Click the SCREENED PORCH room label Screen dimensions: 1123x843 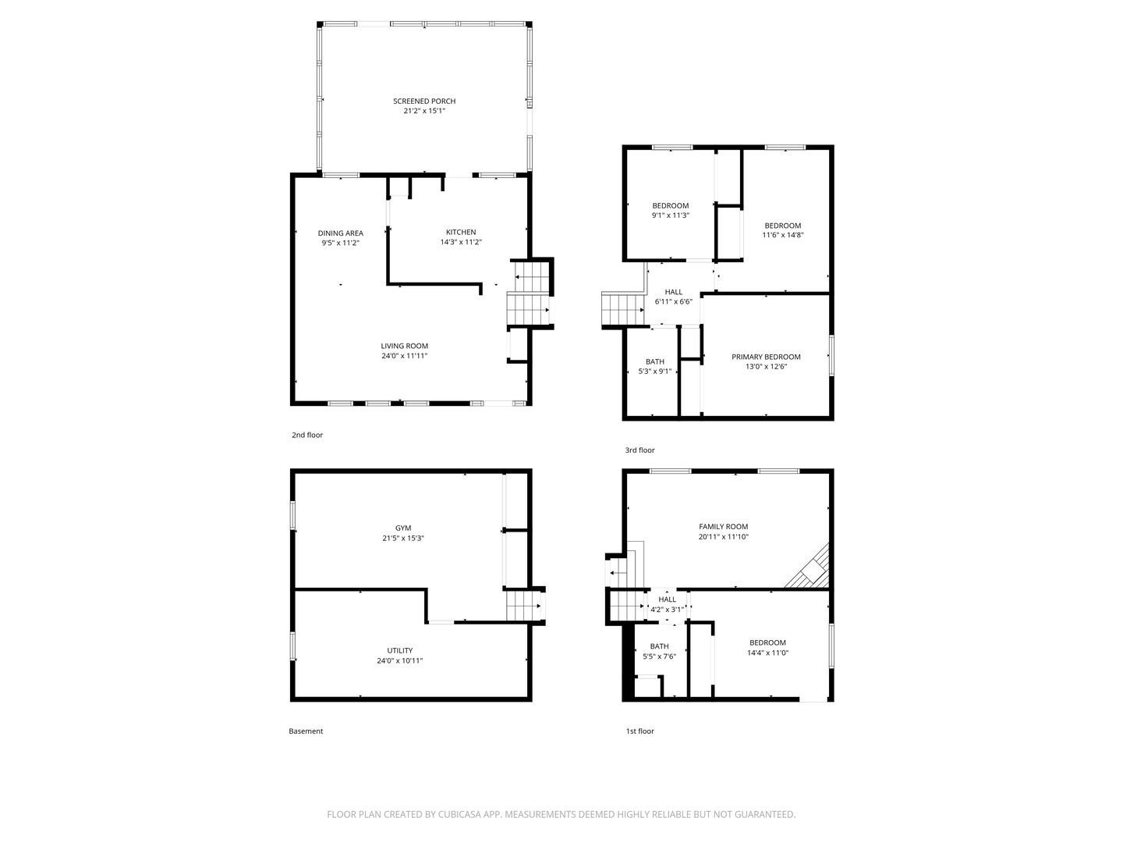(x=424, y=101)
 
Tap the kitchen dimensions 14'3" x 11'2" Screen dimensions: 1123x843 (x=461, y=242)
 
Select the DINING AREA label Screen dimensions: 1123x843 (x=340, y=233)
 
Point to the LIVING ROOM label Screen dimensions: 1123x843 (x=404, y=346)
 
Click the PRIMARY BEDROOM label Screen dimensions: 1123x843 (x=766, y=357)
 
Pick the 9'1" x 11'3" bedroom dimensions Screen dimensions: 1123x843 (x=670, y=215)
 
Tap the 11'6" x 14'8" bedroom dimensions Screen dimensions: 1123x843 (x=783, y=236)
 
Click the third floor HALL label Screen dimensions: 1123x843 (x=673, y=292)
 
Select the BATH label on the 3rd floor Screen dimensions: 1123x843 (x=655, y=362)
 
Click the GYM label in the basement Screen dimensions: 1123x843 (x=403, y=528)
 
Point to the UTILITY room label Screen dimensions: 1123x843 (x=399, y=650)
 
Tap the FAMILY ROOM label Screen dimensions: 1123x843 (x=724, y=527)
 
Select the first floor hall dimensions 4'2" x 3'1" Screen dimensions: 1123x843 (x=667, y=610)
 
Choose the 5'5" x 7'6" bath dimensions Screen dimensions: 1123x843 (x=660, y=656)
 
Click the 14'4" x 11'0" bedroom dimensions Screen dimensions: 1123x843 (x=767, y=653)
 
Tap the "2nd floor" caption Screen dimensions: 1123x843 (x=307, y=435)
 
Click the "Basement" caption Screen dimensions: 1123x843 (x=306, y=731)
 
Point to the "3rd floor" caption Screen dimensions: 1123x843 (x=639, y=450)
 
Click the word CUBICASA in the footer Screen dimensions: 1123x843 (x=459, y=814)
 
